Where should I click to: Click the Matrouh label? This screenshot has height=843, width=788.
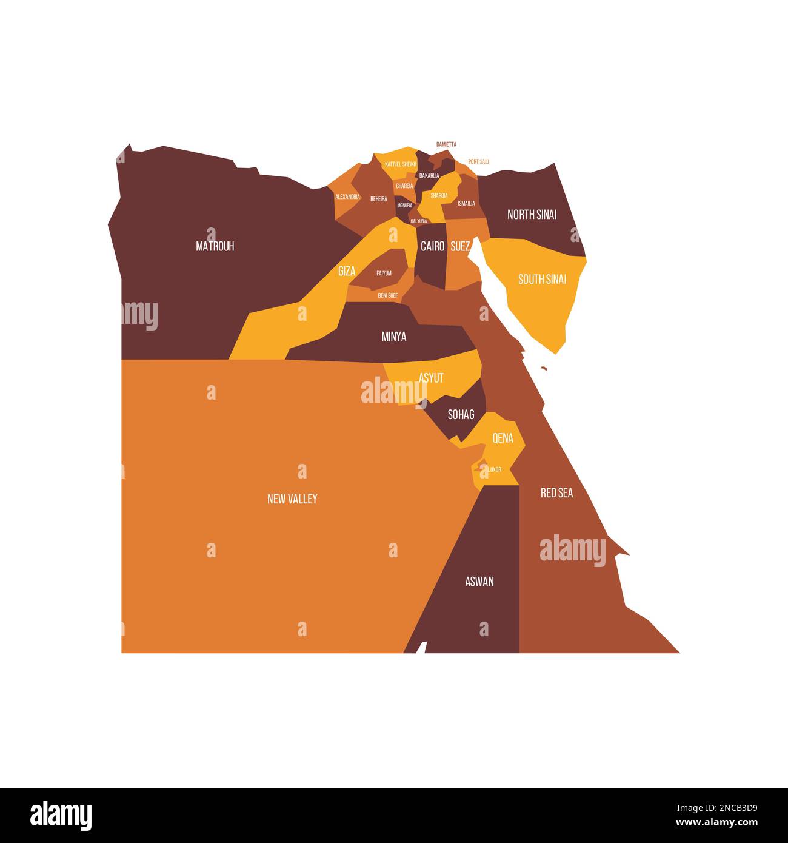coord(215,246)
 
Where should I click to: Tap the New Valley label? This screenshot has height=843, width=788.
coord(292,499)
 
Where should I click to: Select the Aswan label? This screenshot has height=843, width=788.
coord(479,582)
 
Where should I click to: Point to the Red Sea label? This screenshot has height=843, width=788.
coord(556,493)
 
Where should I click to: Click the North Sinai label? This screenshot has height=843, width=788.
coord(532,215)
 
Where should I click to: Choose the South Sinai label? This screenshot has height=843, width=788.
coord(542,280)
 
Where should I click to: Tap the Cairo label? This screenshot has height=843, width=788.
coord(433,246)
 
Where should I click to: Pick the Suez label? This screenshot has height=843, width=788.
coord(461,246)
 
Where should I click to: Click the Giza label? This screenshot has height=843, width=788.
coord(347,271)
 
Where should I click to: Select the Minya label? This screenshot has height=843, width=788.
coord(394,337)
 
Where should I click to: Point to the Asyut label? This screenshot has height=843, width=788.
coord(431,378)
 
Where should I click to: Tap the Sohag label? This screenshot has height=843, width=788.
coord(461,415)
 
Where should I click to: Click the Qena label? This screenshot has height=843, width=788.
coord(503,438)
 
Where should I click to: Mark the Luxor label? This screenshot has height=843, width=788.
coord(495,469)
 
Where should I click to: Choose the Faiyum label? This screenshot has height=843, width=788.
coord(384,274)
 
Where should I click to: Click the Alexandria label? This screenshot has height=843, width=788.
coord(347,197)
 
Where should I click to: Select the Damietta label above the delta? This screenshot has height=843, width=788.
coord(446,144)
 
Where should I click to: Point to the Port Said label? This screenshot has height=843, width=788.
coord(478,162)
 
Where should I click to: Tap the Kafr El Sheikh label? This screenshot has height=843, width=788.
coord(401,164)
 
